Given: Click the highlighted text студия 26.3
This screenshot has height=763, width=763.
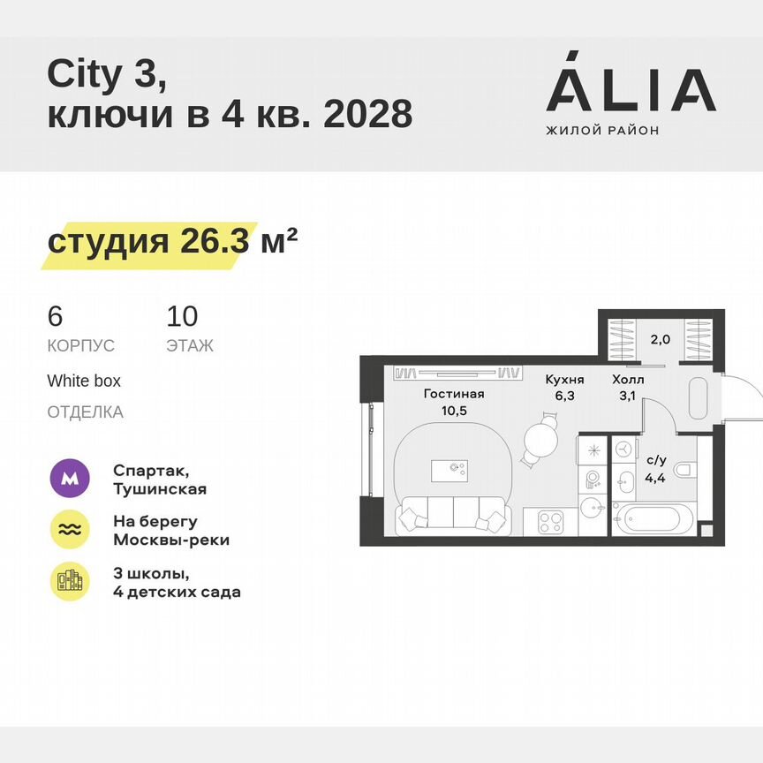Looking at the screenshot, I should pyautogui.click(x=148, y=242).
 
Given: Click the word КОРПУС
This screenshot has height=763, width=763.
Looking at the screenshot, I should pyautogui.click(x=81, y=345).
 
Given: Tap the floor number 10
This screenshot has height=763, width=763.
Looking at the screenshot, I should pyautogui.click(x=182, y=316).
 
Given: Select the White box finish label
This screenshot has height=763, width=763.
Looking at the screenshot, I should pyautogui.click(x=84, y=381).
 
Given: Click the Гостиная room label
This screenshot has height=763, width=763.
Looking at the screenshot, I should pyautogui.click(x=454, y=394).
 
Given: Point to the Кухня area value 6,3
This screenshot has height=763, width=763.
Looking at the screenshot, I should pyautogui.click(x=564, y=397).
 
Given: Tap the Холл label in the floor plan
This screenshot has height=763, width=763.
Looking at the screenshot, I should pyautogui.click(x=628, y=380).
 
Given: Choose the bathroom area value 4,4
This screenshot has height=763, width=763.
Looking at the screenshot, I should pyautogui.click(x=656, y=478).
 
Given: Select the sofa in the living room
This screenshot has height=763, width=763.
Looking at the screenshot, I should pyautogui.click(x=453, y=513).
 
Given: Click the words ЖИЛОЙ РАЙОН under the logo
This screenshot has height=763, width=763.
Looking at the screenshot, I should pyautogui.click(x=602, y=131).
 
